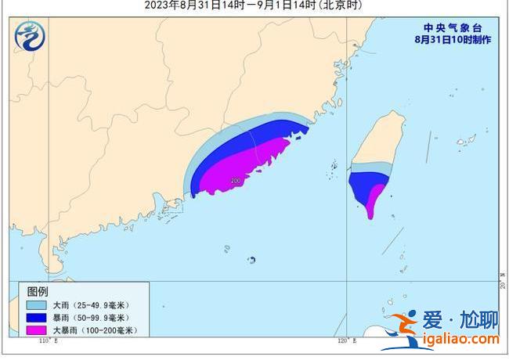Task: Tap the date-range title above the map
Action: coord(254,5)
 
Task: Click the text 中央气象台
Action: coord(445,25)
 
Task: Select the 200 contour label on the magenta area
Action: coord(236,182)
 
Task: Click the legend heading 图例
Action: coord(38,290)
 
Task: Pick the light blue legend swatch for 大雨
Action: coord(36,304)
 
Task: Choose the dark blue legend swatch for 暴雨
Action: coord(36,317)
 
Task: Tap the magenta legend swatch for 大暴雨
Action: coord(36,330)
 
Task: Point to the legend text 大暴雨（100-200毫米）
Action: coord(95,330)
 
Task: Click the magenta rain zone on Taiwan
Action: coord(374,200)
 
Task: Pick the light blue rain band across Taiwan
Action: coord(370,167)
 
